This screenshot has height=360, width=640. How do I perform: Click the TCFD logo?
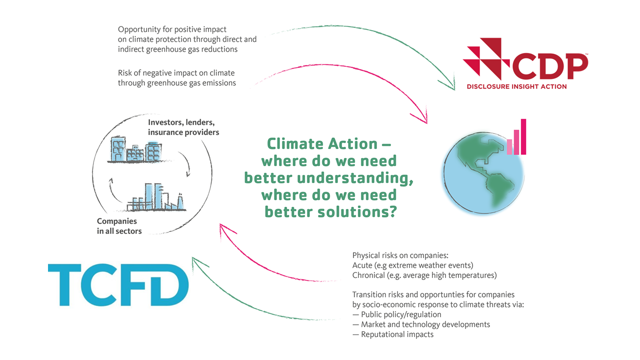(118, 285)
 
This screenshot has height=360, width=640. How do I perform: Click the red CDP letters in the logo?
(550, 66)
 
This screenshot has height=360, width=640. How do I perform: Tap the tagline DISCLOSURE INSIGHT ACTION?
(516, 86)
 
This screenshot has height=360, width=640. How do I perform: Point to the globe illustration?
(483, 173)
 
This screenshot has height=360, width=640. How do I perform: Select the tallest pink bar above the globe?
(523, 137)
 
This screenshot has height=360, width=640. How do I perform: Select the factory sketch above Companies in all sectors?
(156, 197)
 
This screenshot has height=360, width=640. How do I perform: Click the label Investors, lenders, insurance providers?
(183, 127)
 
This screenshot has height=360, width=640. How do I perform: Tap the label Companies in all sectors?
(119, 226)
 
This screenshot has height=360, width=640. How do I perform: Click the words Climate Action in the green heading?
(322, 143)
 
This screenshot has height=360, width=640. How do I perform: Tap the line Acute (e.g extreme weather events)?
(412, 265)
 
